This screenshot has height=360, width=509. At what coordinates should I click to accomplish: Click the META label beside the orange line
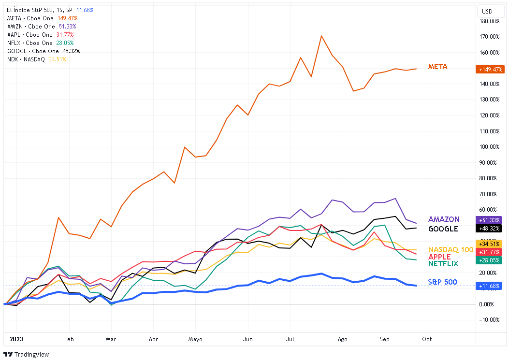tap(438, 67)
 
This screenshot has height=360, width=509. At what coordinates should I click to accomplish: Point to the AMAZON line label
tap(444, 219)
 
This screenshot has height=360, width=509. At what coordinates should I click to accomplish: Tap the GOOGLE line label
tap(443, 229)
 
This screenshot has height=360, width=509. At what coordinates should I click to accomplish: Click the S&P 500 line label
tap(442, 282)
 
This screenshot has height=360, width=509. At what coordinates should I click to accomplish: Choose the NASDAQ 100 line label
tap(451, 249)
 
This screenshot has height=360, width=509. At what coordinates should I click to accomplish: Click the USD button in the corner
tap(487, 11)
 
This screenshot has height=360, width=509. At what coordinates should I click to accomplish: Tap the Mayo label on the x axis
tap(195, 339)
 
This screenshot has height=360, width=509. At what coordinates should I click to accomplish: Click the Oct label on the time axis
tap(427, 339)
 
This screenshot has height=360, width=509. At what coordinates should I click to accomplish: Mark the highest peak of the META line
tap(321, 36)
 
